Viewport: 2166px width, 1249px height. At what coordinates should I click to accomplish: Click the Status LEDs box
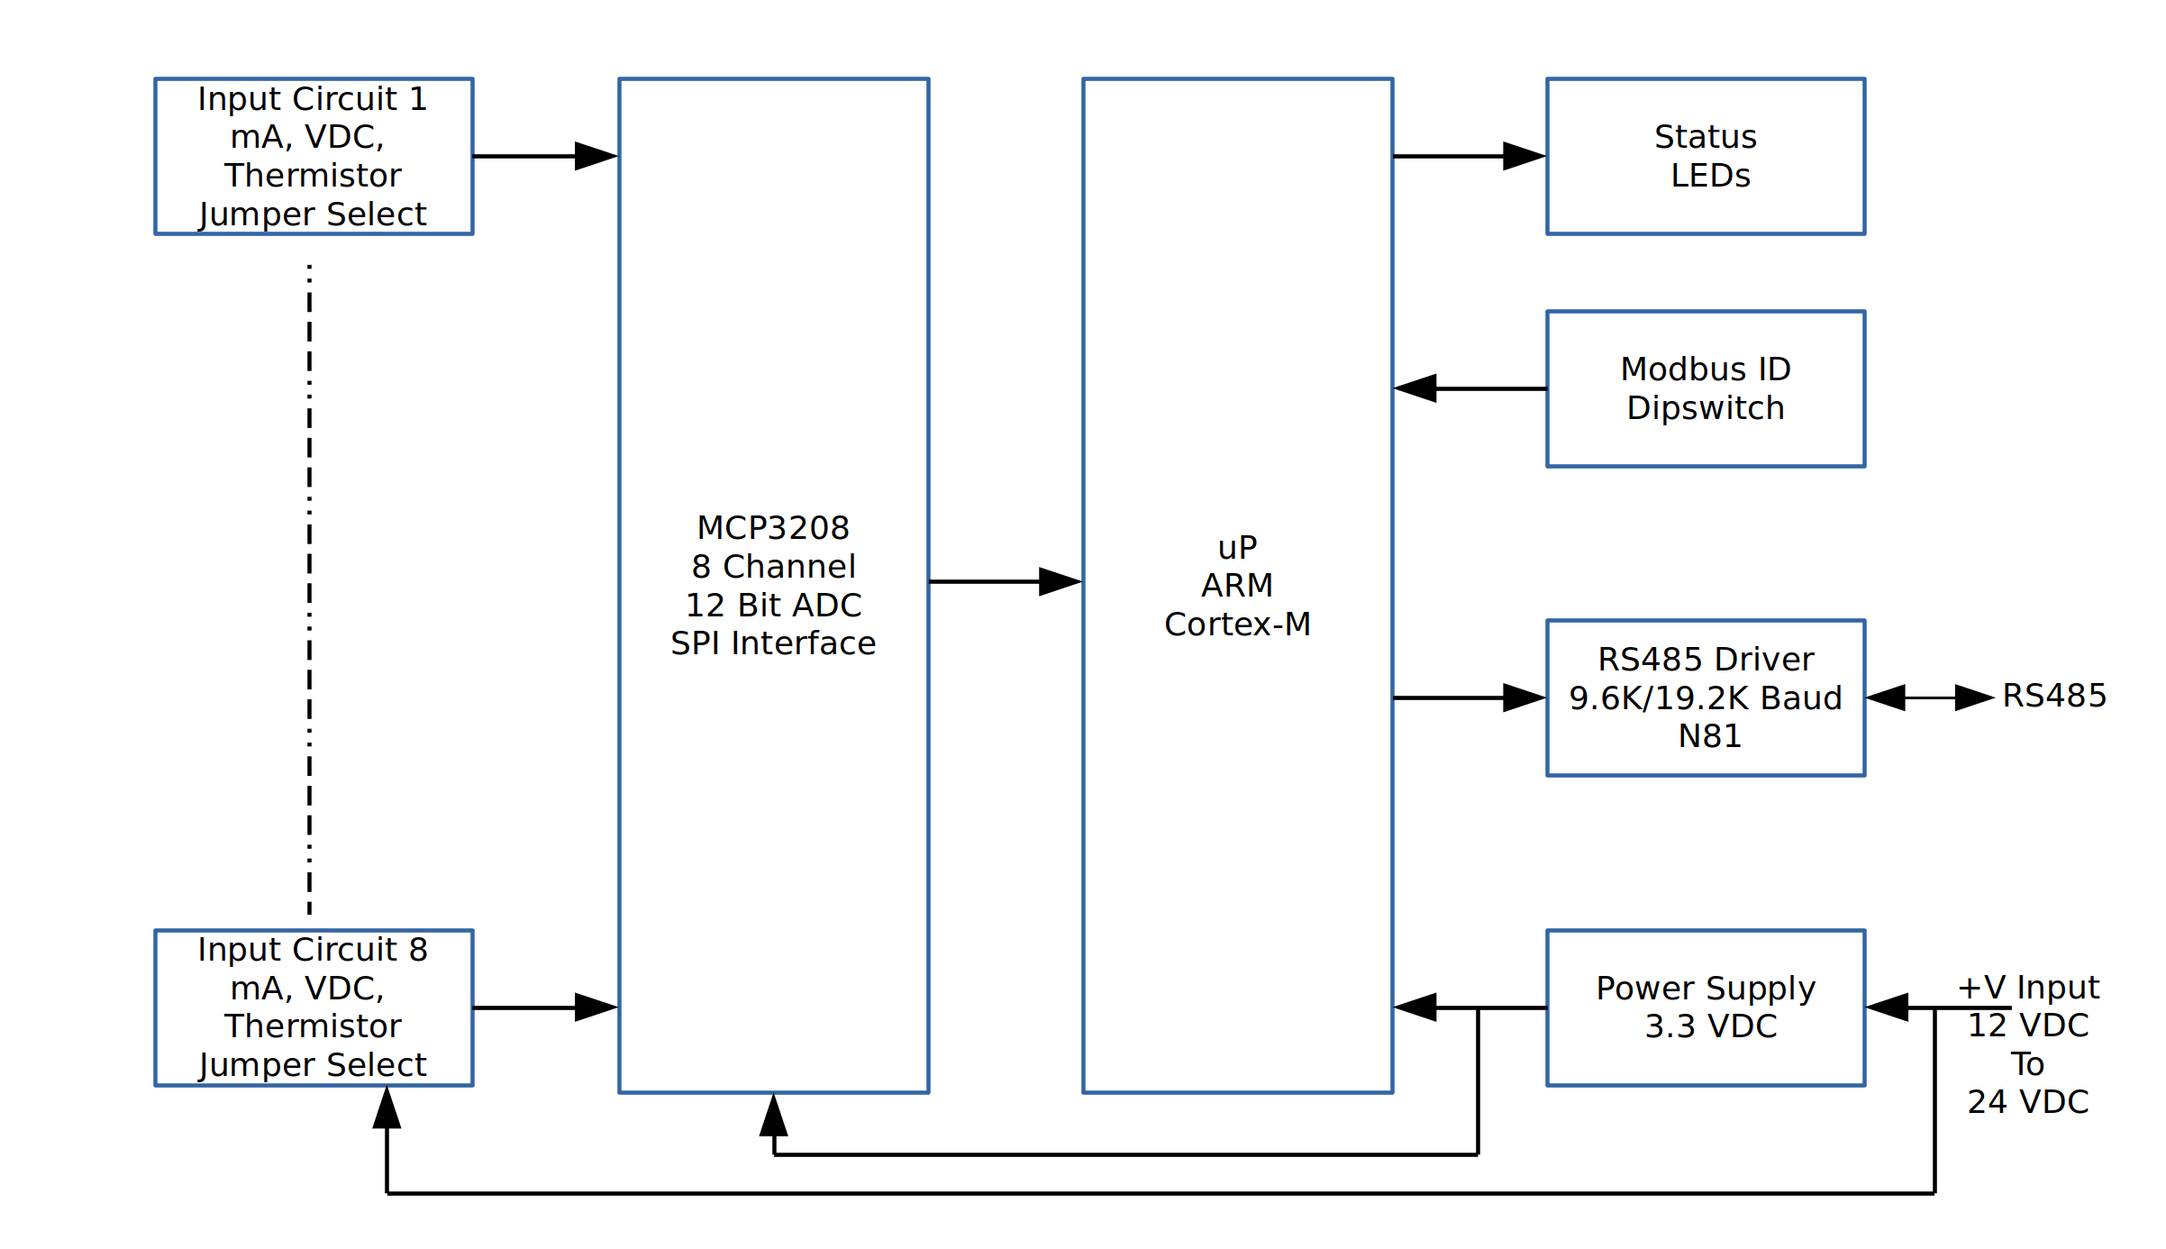(x=1705, y=156)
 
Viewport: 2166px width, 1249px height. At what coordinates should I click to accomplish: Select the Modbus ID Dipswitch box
(x=1705, y=388)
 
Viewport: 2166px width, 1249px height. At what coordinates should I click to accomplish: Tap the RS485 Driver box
(x=1705, y=697)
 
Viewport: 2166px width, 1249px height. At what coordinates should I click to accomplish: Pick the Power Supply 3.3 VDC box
(x=1705, y=1007)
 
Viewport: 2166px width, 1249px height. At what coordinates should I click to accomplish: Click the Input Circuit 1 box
(x=314, y=156)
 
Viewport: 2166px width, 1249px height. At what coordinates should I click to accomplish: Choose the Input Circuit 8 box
(x=314, y=1007)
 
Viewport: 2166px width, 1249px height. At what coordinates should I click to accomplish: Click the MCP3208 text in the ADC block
(x=773, y=528)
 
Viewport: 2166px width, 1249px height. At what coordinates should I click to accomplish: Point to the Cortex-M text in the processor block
(x=1237, y=624)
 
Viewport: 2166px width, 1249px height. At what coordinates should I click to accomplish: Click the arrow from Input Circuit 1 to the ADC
(x=545, y=156)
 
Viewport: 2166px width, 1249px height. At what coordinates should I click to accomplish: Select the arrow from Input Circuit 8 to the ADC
(x=545, y=1007)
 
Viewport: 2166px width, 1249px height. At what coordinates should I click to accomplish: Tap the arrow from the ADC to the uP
(x=1005, y=581)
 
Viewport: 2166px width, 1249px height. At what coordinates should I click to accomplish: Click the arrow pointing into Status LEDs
(x=1469, y=156)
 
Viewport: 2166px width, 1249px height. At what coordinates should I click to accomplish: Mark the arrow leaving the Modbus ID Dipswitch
(x=1469, y=388)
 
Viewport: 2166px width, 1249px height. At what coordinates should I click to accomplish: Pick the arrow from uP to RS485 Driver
(x=1469, y=697)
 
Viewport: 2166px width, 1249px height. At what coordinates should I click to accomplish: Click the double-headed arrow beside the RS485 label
(x=1929, y=697)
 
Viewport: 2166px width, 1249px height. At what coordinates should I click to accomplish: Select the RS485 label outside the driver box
(x=2054, y=696)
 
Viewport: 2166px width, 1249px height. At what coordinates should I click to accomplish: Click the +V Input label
(x=2028, y=988)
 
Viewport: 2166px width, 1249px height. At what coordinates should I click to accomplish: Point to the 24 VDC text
(x=2028, y=1102)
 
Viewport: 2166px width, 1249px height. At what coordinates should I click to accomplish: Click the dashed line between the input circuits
(x=310, y=586)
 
